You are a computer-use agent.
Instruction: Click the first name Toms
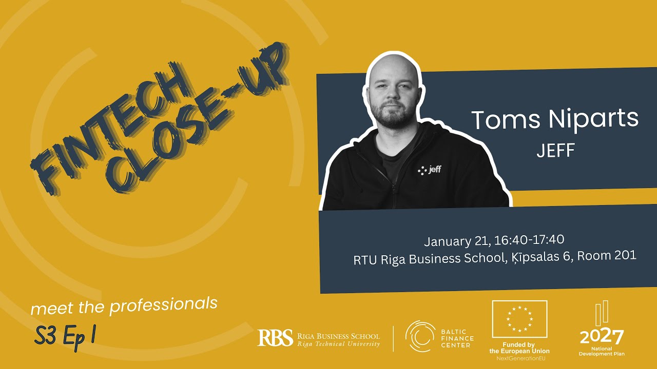point(505,120)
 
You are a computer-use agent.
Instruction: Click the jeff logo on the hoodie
point(430,170)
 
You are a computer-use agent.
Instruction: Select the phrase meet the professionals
point(124,306)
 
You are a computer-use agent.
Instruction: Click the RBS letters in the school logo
point(275,337)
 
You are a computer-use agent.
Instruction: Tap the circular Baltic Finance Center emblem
point(420,336)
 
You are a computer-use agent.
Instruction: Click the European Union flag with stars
point(519,319)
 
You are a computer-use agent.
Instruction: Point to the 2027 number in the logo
point(602,337)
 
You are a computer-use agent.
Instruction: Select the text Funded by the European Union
point(519,348)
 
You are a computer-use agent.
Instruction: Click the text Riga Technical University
point(339,344)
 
